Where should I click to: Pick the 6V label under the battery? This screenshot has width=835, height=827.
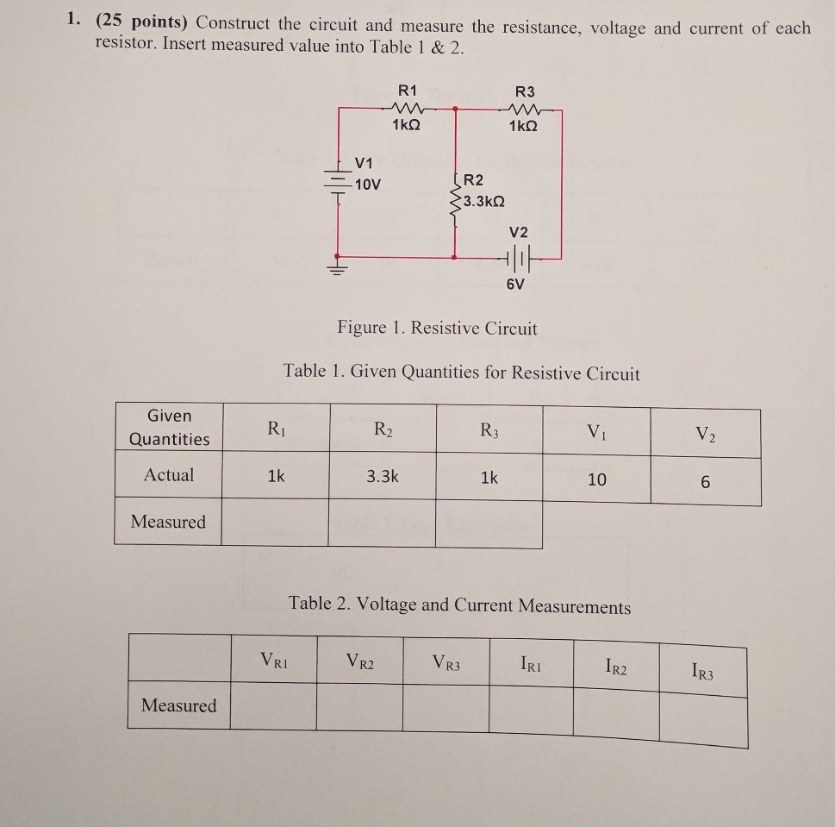pyautogui.click(x=514, y=286)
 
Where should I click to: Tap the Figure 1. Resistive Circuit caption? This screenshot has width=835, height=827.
pyautogui.click(x=437, y=329)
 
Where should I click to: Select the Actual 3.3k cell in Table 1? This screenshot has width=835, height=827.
pyautogui.click(x=382, y=476)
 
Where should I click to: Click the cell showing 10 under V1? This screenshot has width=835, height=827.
pyautogui.click(x=596, y=479)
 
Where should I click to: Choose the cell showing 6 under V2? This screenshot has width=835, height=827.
pyautogui.click(x=705, y=483)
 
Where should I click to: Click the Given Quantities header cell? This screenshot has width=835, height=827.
pyautogui.click(x=169, y=427)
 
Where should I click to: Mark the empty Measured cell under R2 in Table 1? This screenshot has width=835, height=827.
pyautogui.click(x=382, y=523)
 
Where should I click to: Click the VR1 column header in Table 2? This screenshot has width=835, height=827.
pyautogui.click(x=273, y=661)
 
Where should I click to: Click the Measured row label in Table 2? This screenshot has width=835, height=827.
pyautogui.click(x=179, y=705)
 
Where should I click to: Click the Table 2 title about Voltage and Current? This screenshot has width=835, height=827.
pyautogui.click(x=460, y=605)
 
